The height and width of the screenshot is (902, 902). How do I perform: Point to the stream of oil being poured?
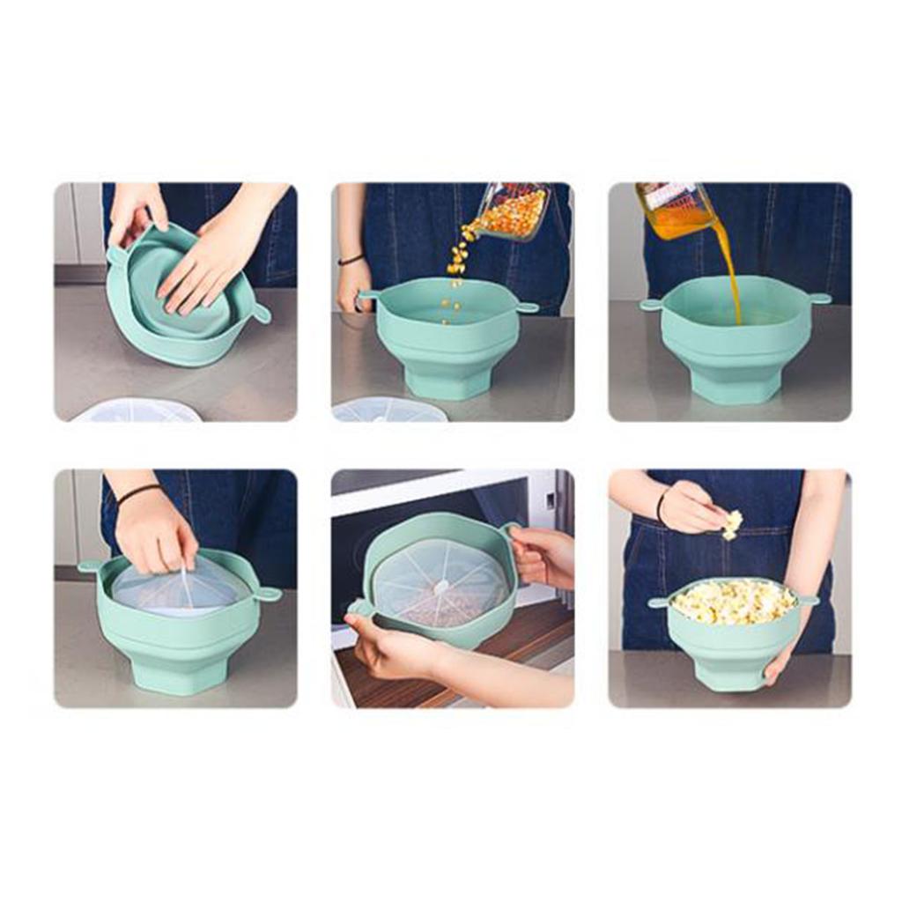click(x=730, y=273)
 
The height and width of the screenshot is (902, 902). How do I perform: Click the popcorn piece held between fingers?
click(x=732, y=523)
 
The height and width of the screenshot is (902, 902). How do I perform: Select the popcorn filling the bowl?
click(x=733, y=602)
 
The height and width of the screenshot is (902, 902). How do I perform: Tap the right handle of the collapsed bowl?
click(x=261, y=313)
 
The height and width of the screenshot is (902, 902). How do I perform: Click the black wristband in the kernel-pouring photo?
click(x=351, y=259)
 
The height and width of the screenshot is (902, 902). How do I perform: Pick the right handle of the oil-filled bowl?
click(x=818, y=299)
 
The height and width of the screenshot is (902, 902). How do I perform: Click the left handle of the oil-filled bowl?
click(x=652, y=305)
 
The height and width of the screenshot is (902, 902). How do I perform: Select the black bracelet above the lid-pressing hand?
click(x=139, y=494)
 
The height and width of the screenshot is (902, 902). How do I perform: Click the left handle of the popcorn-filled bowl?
click(x=658, y=603)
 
